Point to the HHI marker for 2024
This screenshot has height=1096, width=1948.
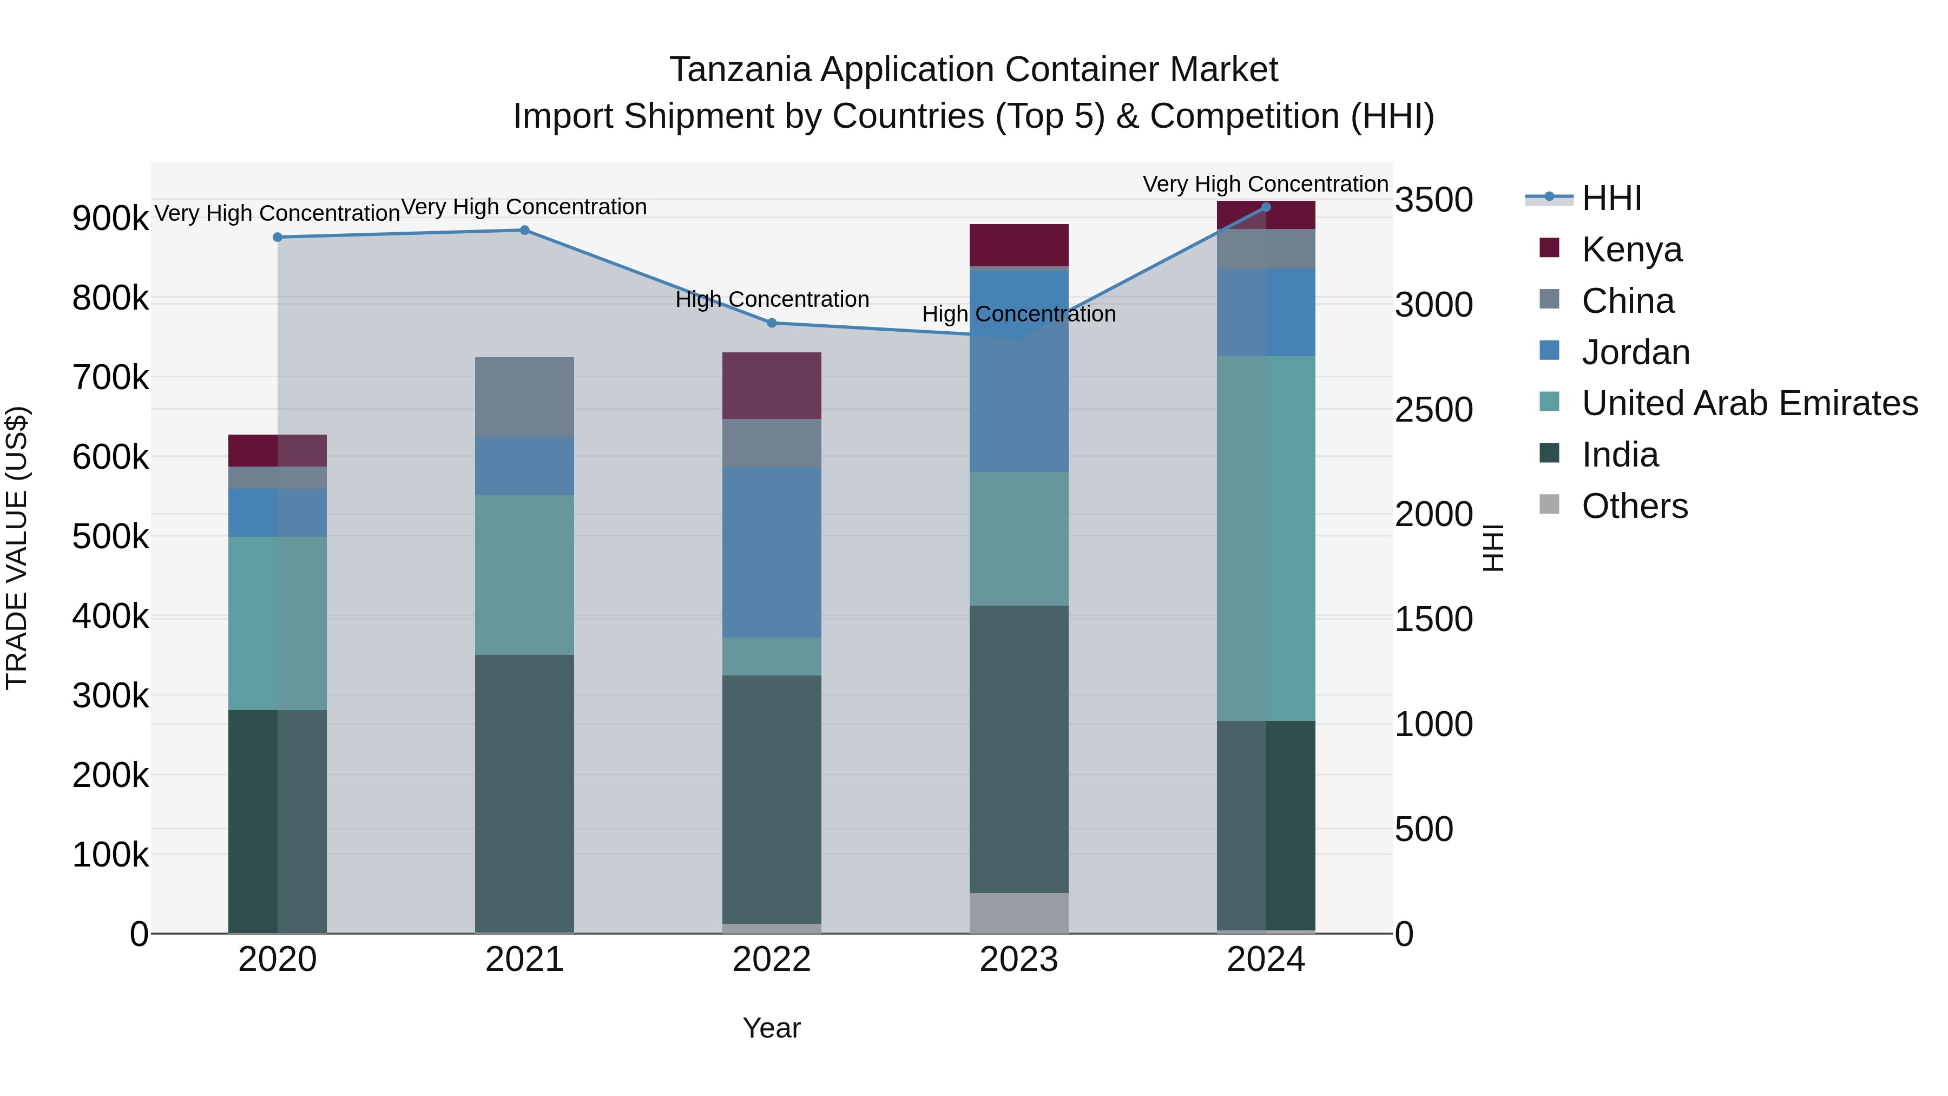1266,207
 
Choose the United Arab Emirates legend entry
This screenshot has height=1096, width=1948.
1749,403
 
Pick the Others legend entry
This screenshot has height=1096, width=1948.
1634,506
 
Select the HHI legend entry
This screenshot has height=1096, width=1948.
1611,198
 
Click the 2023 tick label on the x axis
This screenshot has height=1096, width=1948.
1018,960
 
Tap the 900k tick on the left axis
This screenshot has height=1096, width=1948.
110,219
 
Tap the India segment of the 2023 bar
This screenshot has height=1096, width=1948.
1018,749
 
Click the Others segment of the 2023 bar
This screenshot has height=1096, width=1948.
1018,913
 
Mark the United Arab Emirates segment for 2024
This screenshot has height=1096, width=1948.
1266,539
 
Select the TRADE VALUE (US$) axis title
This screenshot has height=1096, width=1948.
17,548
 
